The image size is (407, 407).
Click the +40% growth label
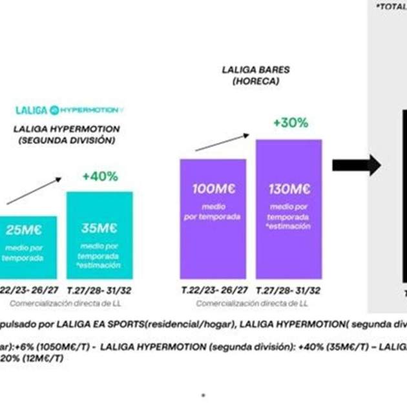pyautogui.click(x=100, y=176)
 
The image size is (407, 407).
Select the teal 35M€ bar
pyautogui.click(x=99, y=235)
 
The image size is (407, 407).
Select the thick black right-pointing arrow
pyautogui.click(x=356, y=165)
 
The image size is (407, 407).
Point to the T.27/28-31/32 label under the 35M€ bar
pyautogui.click(x=99, y=289)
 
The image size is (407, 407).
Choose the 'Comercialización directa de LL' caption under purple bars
pyautogui.click(x=252, y=302)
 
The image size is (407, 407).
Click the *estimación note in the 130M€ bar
pyautogui.click(x=289, y=227)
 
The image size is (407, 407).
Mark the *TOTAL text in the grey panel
pyautogui.click(x=391, y=6)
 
